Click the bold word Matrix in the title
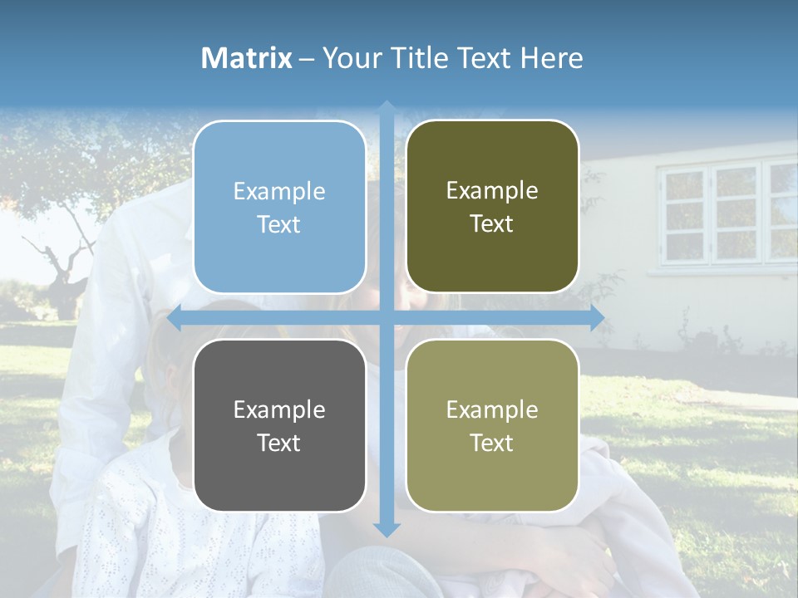247,58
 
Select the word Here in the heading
551,58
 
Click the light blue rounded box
279,207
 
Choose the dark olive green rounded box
492,207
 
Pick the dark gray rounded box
279,425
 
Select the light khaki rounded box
492,425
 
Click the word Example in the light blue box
279,192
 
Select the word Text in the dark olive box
492,224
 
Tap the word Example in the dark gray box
279,409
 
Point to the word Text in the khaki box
492,443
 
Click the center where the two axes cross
387,318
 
